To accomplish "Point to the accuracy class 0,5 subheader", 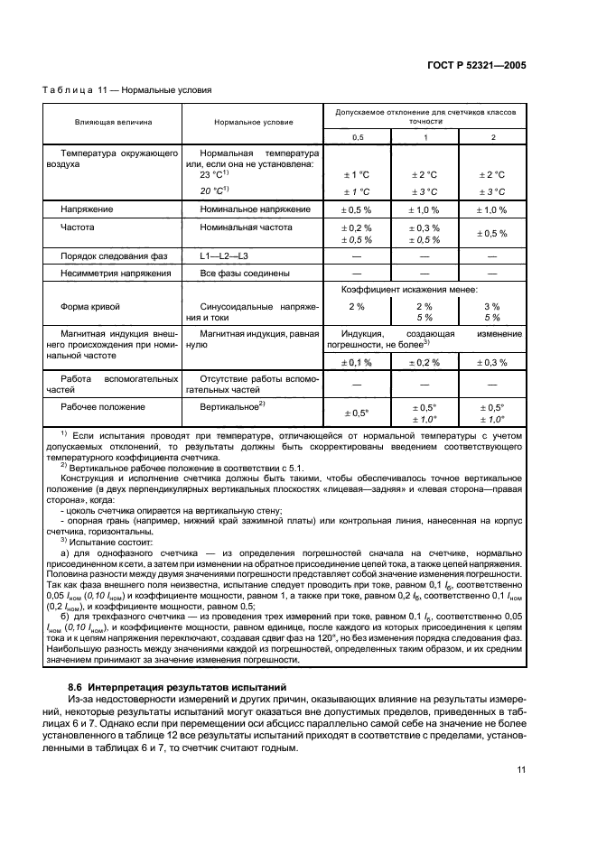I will [x=356, y=136].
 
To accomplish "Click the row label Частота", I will [x=78, y=228].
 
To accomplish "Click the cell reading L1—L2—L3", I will [x=226, y=257].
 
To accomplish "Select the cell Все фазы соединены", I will [x=245, y=273].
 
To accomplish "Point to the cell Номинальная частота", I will [x=242, y=228].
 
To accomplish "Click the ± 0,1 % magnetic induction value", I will [x=356, y=362].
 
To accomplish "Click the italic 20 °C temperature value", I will [x=215, y=191].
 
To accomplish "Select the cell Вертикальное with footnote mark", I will [x=231, y=406].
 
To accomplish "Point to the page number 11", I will [x=521, y=769].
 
